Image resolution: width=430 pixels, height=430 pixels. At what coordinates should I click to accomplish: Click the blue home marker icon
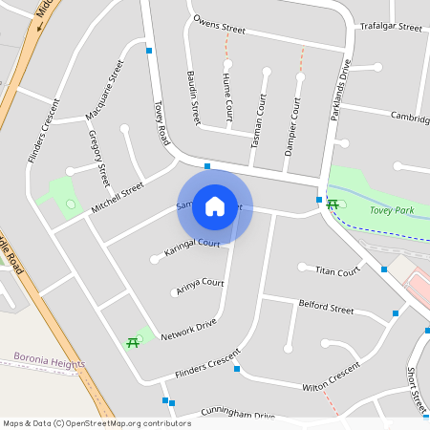point(215,206)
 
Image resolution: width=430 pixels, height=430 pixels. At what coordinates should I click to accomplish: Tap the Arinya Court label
point(199,286)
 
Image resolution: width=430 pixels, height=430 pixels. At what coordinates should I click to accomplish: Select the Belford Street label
point(326,309)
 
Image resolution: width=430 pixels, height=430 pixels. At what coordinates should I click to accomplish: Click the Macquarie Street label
point(104,91)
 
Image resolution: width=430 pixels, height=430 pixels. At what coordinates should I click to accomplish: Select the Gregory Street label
point(98,159)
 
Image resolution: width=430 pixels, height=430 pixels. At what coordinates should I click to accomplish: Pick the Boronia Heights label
point(49,364)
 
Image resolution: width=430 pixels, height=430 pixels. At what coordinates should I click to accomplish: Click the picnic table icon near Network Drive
point(132,342)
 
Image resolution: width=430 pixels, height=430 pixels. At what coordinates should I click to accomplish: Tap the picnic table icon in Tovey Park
point(332,204)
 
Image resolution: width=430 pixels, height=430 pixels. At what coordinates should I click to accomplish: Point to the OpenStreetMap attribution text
point(97,422)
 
